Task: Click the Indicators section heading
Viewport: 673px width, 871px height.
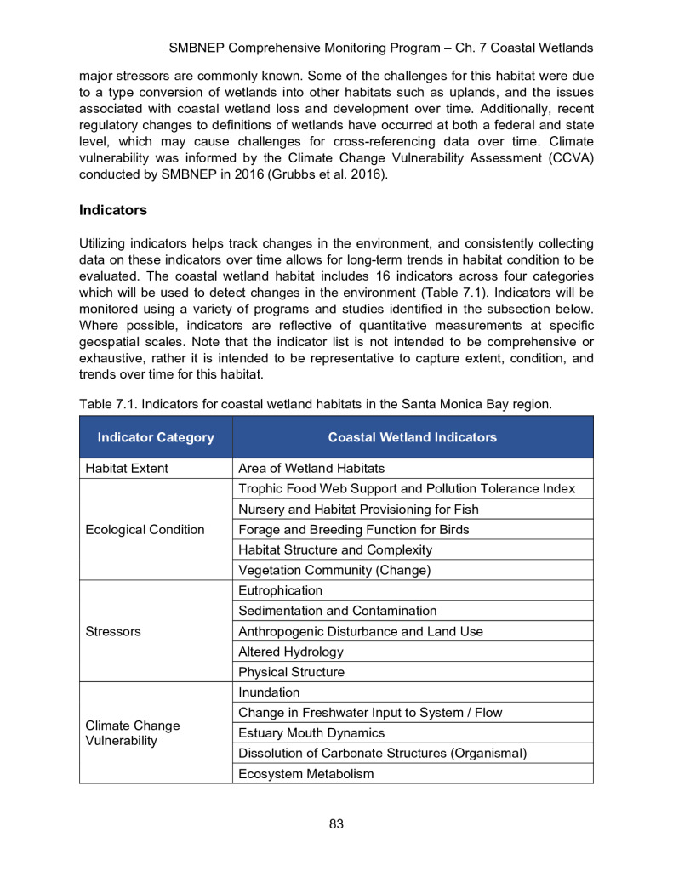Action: coord(113,209)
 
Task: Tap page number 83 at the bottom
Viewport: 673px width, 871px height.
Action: coord(336,823)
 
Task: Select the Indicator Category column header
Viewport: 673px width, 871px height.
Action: coord(156,437)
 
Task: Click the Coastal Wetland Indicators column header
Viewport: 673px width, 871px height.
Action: coord(413,437)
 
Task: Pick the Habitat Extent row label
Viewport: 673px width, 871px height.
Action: coord(127,468)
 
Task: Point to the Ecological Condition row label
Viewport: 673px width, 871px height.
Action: coord(145,529)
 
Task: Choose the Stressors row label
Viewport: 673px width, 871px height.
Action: coord(113,632)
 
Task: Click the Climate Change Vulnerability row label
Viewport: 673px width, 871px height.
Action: coord(133,733)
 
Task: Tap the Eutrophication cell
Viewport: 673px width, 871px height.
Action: coord(281,590)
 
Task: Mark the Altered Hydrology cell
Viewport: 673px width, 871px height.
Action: coord(291,652)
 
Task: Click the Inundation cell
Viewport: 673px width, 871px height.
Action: coord(269,692)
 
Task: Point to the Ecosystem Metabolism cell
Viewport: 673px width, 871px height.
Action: coord(306,774)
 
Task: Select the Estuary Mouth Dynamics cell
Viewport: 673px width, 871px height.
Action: coord(311,732)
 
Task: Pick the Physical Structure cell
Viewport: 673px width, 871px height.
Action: coord(291,672)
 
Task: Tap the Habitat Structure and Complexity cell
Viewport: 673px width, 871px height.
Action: coord(335,549)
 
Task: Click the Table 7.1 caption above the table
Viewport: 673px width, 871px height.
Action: coord(316,404)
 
